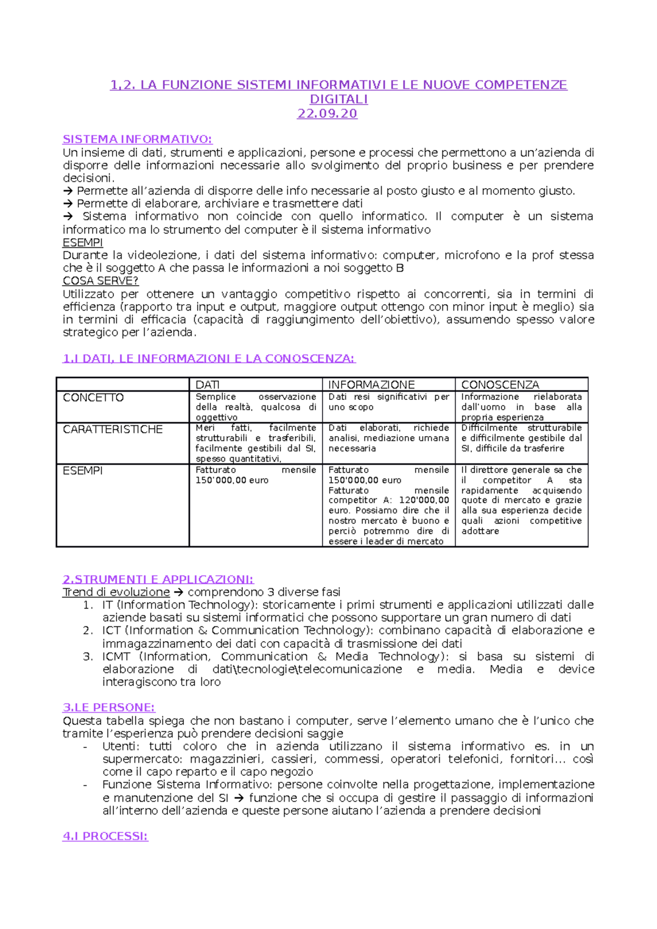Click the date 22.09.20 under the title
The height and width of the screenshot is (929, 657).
click(x=327, y=114)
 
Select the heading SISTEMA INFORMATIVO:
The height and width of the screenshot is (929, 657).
click(x=137, y=139)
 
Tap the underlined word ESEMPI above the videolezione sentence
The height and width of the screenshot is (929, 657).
click(x=83, y=242)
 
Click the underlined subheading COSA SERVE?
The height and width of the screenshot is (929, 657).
click(x=100, y=281)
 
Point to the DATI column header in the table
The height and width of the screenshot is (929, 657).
click(x=208, y=385)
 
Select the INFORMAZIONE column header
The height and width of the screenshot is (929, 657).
click(x=371, y=385)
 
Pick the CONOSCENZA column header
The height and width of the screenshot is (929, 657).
click(x=500, y=385)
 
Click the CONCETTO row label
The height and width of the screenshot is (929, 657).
click(x=94, y=398)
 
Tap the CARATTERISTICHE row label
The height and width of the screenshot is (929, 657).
click(x=113, y=429)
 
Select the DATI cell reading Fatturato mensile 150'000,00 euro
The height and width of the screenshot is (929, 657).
click(x=256, y=475)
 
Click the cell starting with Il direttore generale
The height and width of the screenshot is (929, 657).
click(x=521, y=500)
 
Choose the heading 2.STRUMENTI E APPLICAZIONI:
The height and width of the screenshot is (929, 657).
click(x=158, y=579)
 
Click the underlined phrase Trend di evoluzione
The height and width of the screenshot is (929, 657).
click(x=116, y=592)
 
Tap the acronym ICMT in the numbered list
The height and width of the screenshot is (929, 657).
click(x=116, y=657)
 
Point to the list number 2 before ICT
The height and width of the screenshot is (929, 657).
click(x=87, y=631)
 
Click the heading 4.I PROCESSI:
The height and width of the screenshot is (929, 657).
click(x=105, y=836)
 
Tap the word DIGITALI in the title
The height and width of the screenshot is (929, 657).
click(x=338, y=100)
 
